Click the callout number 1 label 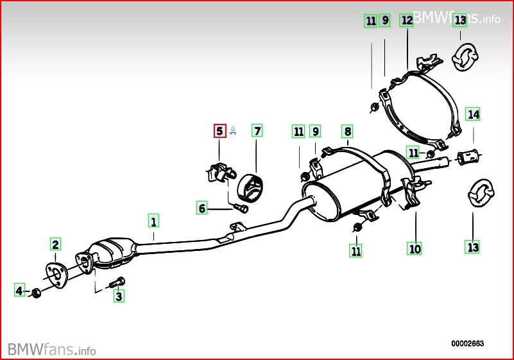coord(153,221)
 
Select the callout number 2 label coord(55,244)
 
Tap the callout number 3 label coord(119,296)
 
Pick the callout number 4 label coord(20,290)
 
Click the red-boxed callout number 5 coord(219,131)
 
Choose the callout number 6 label coord(202,208)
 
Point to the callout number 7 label coord(257,131)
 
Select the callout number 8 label coord(347,132)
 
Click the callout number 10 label coord(415,249)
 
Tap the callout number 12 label coord(407,21)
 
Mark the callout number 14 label coord(473,114)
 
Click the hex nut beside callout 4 coord(36,293)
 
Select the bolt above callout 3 coord(117,282)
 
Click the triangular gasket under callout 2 coord(56,275)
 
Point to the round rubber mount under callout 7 coord(250,189)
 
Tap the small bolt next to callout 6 coord(241,208)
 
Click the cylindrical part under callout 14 coord(468,157)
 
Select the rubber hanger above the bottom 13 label coord(481,193)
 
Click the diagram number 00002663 coord(467,343)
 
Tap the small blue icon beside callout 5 coord(233,130)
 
